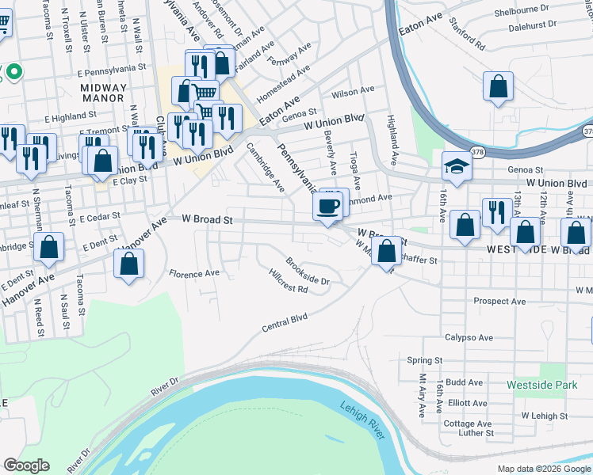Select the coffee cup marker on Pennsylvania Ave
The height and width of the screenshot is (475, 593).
328,207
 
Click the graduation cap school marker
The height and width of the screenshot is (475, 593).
457,167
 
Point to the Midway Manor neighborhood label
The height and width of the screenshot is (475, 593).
102,93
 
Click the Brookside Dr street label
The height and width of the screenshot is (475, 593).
308,271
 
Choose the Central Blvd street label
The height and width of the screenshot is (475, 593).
285,323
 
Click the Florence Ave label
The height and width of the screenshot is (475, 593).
193,274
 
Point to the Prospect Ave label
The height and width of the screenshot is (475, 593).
499,302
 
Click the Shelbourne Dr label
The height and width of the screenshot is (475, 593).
522,9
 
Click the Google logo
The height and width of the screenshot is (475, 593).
25,465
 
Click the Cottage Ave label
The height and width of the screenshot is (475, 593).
469,424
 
